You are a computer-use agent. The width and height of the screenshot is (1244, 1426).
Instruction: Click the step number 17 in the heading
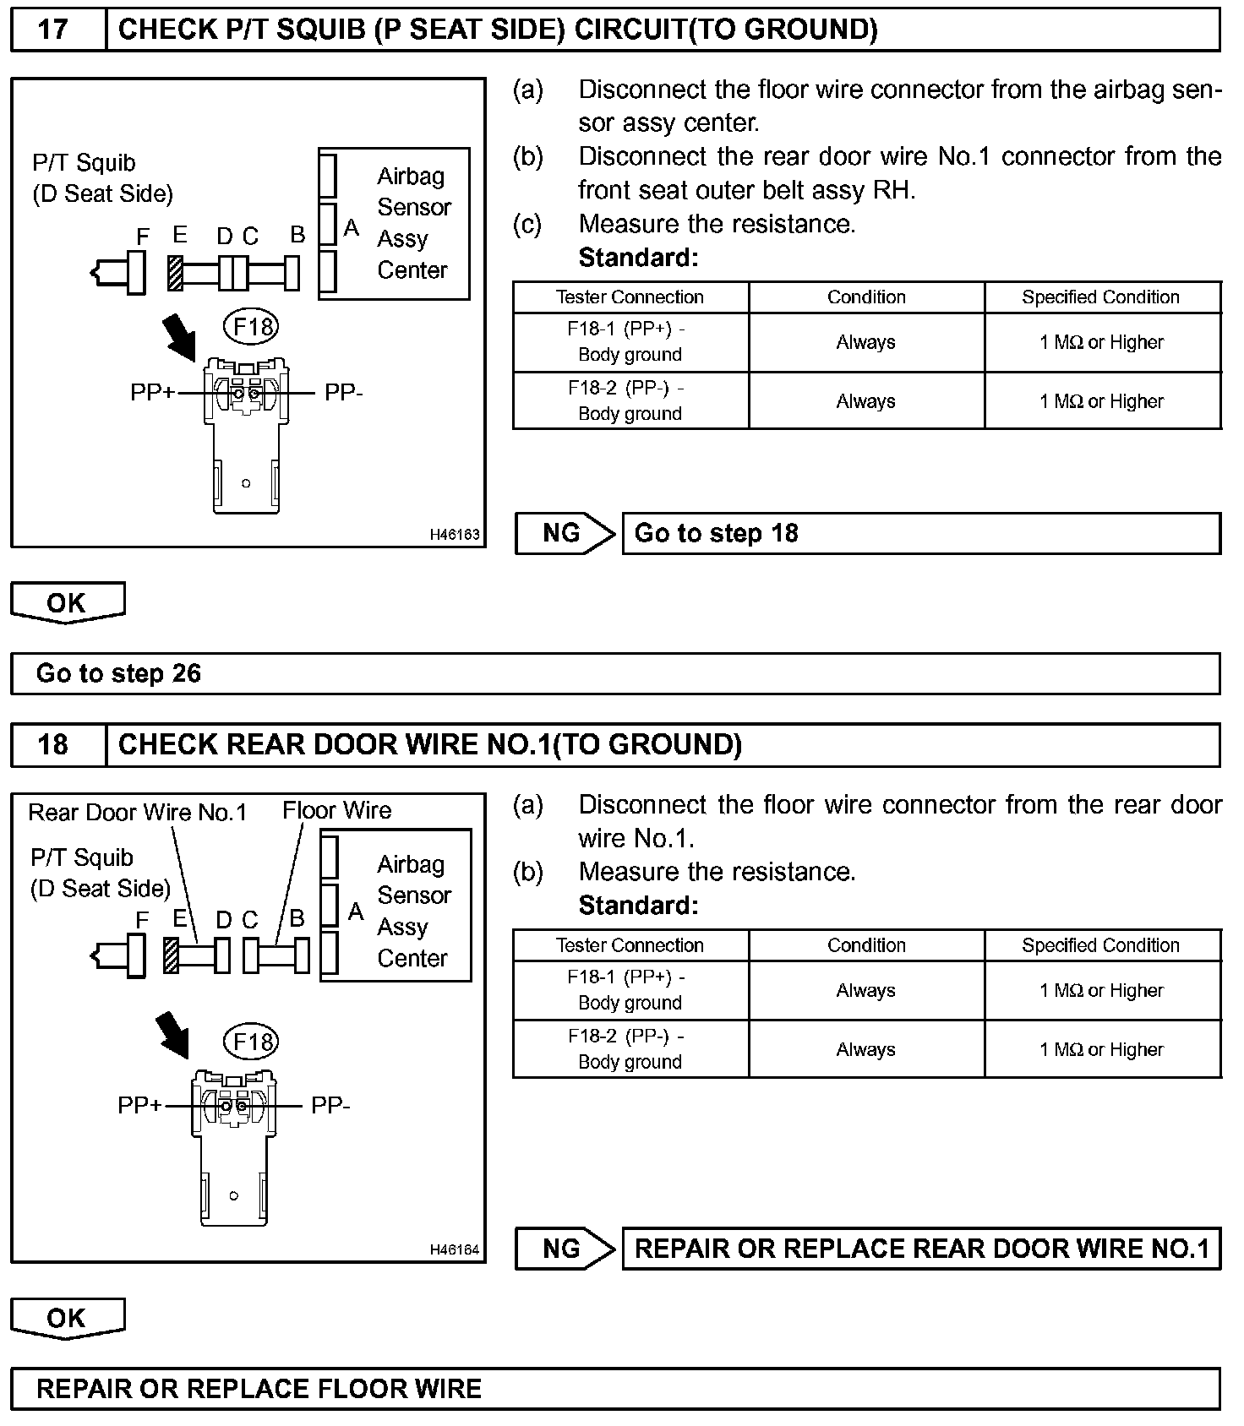pos(52,30)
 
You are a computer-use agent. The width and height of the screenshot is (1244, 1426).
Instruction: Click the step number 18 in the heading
pos(52,744)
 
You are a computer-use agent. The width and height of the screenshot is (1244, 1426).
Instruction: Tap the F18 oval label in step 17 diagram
pos(251,326)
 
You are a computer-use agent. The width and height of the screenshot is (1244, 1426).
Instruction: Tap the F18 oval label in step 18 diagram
pos(251,1042)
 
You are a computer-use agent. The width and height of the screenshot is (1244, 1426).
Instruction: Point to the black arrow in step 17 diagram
pos(179,335)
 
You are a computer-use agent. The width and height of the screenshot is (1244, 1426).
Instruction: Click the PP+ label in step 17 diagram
pos(152,393)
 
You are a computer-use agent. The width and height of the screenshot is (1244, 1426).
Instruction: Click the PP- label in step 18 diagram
pos(330,1105)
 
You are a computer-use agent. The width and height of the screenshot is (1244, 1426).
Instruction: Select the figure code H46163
pos(455,535)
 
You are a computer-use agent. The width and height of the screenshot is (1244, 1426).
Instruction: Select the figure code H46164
pos(455,1249)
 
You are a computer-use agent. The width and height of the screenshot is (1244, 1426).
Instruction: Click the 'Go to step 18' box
pos(920,533)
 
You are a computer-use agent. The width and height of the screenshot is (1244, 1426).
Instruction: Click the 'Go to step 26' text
pos(118,673)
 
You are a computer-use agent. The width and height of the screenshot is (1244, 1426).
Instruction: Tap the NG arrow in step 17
pos(565,533)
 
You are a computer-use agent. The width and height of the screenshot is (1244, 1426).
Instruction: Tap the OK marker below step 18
pos(67,1318)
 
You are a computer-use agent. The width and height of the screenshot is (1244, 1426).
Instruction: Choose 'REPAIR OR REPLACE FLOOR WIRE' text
pos(259,1389)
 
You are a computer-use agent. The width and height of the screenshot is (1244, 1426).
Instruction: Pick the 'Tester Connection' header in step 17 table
pos(630,297)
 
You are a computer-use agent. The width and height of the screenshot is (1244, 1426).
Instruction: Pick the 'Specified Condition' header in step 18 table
pos(1100,945)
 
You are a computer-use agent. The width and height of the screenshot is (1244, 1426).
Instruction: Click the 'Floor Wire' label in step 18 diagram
pos(336,811)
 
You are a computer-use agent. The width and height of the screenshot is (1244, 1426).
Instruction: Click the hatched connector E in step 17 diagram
pos(175,272)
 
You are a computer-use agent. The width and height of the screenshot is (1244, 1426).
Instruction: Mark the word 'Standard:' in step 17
pos(638,258)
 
